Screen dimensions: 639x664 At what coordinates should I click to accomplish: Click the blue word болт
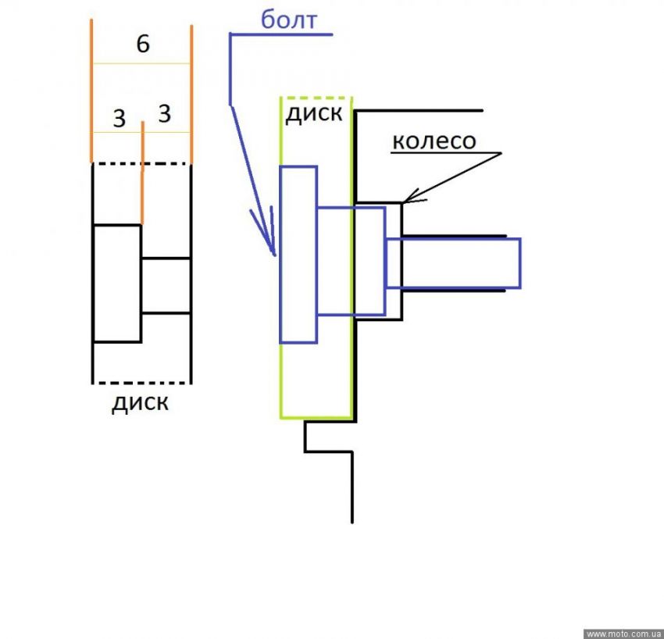click(x=288, y=20)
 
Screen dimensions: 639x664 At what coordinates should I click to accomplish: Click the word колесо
click(x=434, y=141)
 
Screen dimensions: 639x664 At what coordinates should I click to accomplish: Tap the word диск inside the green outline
click(x=313, y=113)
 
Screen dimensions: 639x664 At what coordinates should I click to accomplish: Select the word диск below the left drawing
click(x=141, y=403)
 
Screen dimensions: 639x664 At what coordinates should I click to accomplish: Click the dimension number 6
click(x=142, y=45)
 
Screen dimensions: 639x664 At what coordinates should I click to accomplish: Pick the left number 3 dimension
click(x=119, y=119)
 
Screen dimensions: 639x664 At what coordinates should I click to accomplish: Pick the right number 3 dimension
click(x=164, y=114)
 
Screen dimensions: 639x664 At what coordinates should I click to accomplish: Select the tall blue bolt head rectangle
click(x=298, y=254)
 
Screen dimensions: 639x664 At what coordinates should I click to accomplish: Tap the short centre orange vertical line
click(x=142, y=172)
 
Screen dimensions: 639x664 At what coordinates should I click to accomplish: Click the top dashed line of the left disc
click(x=141, y=163)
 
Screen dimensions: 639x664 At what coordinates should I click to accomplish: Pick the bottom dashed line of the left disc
click(x=141, y=383)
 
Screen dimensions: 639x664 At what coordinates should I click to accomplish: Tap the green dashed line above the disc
click(x=316, y=98)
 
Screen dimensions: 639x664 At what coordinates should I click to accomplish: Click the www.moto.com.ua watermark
click(x=623, y=633)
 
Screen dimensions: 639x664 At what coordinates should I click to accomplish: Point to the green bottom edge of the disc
click(x=316, y=417)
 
